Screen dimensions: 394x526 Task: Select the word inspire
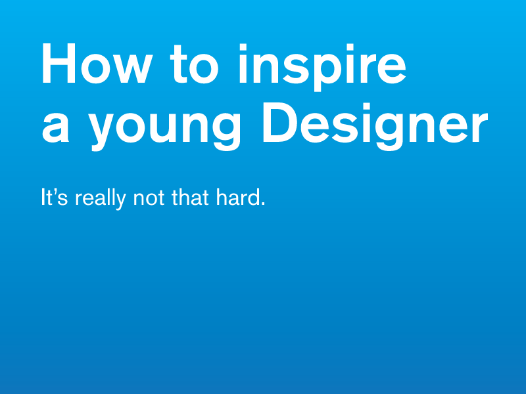pos(322,66)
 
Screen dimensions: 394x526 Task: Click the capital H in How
pos(59,64)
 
